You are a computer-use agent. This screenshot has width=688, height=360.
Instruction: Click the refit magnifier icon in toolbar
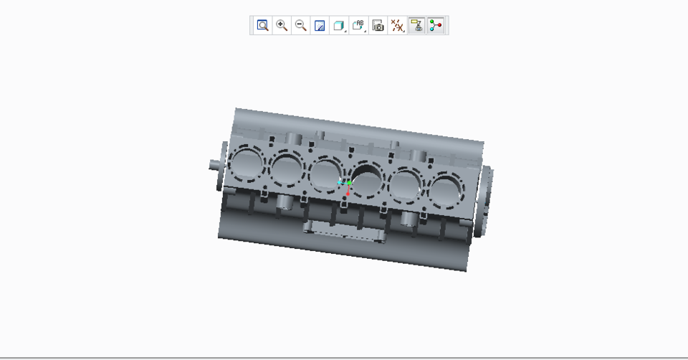pos(263,26)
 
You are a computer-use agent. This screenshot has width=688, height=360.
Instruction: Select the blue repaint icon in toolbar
pos(320,26)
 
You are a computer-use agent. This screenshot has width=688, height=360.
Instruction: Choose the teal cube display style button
pos(339,26)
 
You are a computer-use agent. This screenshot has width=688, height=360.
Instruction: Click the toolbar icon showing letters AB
pos(358,26)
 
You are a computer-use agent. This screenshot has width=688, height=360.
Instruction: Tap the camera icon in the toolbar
pos(378,26)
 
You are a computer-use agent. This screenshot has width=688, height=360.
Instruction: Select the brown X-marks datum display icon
pos(397,26)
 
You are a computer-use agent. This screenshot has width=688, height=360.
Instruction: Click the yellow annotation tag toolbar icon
pos(416,26)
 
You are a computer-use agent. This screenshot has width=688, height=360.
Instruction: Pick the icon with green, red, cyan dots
pos(436,26)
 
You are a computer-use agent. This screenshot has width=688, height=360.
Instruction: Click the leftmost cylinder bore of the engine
pos(246,164)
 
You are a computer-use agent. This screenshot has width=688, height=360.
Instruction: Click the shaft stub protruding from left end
pos(215,164)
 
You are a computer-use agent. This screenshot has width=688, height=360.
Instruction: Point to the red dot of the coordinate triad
pos(348,193)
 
